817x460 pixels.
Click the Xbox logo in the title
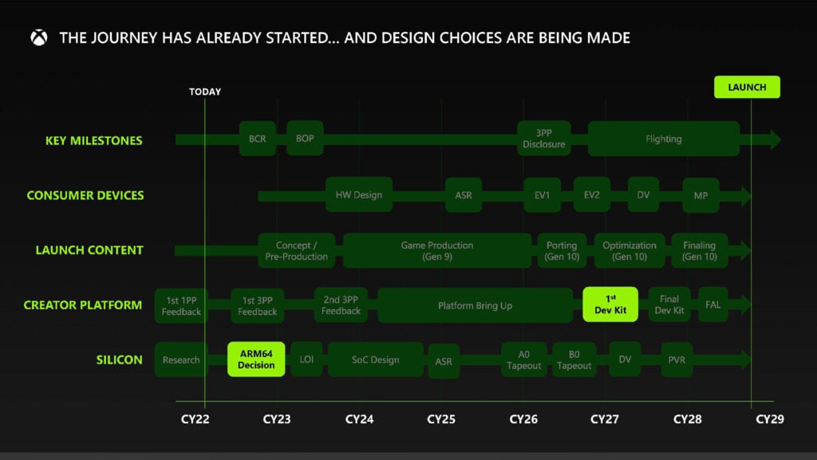[x=38, y=37]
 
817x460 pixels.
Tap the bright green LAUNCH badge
[x=747, y=87]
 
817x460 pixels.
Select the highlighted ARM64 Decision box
[x=256, y=360]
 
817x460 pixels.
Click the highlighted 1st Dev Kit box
[x=610, y=305]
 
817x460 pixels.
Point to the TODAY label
[x=205, y=92]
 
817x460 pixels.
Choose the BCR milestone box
[x=257, y=139]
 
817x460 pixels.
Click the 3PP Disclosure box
[x=544, y=139]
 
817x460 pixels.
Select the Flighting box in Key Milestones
[x=663, y=139]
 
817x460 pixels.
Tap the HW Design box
[x=359, y=195]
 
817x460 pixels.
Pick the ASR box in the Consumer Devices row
[x=463, y=195]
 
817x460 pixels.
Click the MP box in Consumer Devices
[x=701, y=195]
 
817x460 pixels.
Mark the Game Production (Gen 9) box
[x=436, y=250]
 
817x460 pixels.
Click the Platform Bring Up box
[x=475, y=305]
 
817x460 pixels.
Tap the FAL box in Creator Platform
[x=712, y=305]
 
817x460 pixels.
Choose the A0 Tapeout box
[x=523, y=360]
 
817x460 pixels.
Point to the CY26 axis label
[x=523, y=419]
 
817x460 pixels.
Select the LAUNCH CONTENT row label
[x=89, y=250]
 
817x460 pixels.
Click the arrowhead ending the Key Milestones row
[x=772, y=140]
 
